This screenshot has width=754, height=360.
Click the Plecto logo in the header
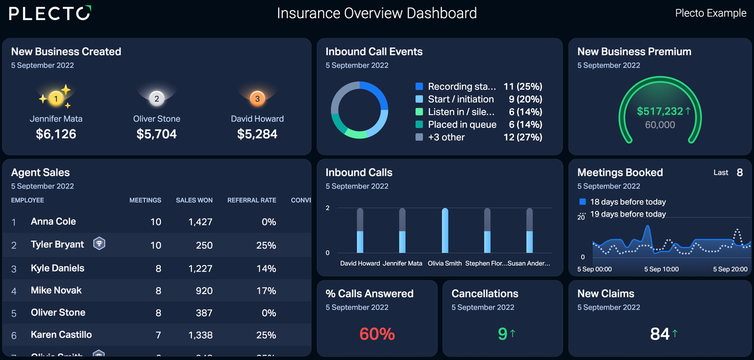50,13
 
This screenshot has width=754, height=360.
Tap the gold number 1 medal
56,99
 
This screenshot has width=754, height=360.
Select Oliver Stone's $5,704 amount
157,134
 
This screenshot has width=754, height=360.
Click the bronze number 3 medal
257,99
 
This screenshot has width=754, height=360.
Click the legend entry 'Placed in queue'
462,124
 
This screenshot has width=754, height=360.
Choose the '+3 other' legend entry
446,137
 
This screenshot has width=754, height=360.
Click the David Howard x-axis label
360,263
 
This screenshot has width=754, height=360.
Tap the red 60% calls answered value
377,334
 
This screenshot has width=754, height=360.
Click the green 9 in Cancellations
502,334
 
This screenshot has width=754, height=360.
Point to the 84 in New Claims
660,334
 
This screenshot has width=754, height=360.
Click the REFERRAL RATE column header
252,200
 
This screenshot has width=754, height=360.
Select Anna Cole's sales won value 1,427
200,222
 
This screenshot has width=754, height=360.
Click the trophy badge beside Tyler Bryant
100,243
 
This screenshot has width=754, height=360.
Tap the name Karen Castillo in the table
61,335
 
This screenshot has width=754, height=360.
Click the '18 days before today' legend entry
627,202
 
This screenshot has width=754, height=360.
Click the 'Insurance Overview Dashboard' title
377,13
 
